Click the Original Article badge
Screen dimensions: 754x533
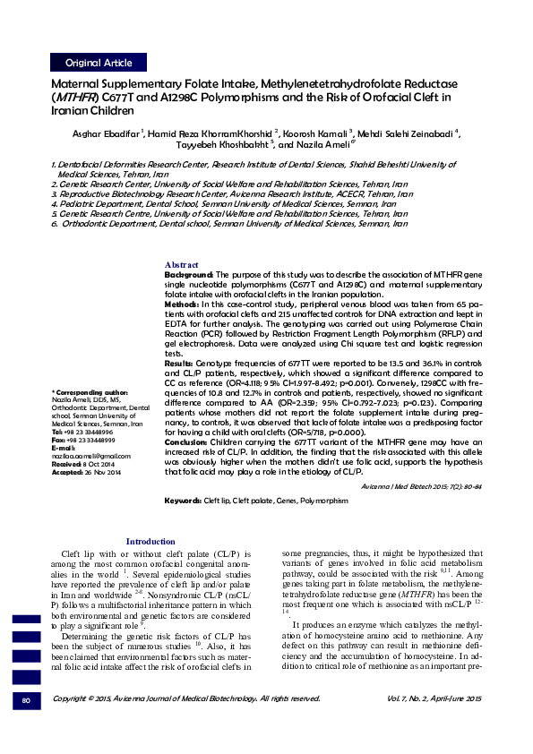[x=99, y=63]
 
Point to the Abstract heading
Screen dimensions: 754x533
[x=182, y=265]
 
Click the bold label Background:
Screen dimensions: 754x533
[x=189, y=274]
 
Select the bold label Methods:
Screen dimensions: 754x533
[x=183, y=305]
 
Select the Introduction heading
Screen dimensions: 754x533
[x=150, y=542]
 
